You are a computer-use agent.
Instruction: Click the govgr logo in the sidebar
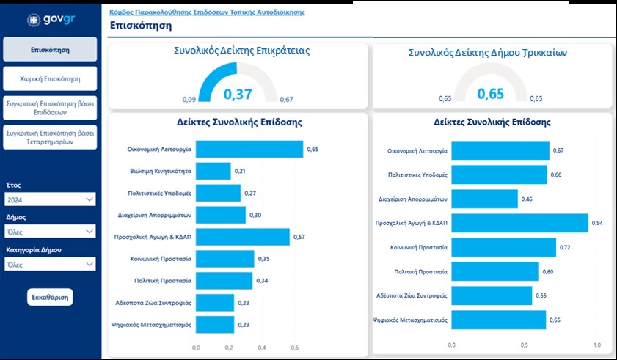pos(49,21)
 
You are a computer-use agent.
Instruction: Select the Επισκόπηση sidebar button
pos(50,50)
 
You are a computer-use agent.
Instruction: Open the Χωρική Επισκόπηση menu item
pos(50,78)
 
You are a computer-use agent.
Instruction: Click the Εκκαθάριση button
pos(50,298)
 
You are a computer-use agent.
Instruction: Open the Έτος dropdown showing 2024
pos(50,199)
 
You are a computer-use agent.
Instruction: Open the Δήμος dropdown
pos(50,232)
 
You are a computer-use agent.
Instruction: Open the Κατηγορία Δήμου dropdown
pos(50,264)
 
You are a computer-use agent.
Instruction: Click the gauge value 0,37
pos(238,94)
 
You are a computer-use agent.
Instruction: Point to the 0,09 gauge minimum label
pos(189,99)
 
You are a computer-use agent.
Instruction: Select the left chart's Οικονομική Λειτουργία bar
pos(249,149)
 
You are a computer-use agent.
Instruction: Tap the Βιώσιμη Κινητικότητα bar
pos(213,171)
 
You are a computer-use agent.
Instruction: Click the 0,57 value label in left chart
pos(299,237)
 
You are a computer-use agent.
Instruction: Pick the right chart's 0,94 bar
pos(519,223)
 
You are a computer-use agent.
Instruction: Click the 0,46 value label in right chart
pos(527,199)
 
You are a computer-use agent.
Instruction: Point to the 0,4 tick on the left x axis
pos(262,348)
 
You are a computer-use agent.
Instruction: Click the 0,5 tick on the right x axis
pos(524,345)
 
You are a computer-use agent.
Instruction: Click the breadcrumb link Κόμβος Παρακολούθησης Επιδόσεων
pos(207,12)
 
